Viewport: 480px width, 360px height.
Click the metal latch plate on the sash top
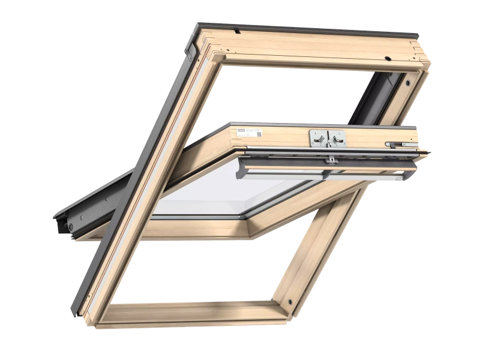point(328,138)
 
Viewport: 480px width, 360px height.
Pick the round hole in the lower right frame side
point(290,302)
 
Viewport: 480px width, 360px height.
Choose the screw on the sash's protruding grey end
point(70,226)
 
